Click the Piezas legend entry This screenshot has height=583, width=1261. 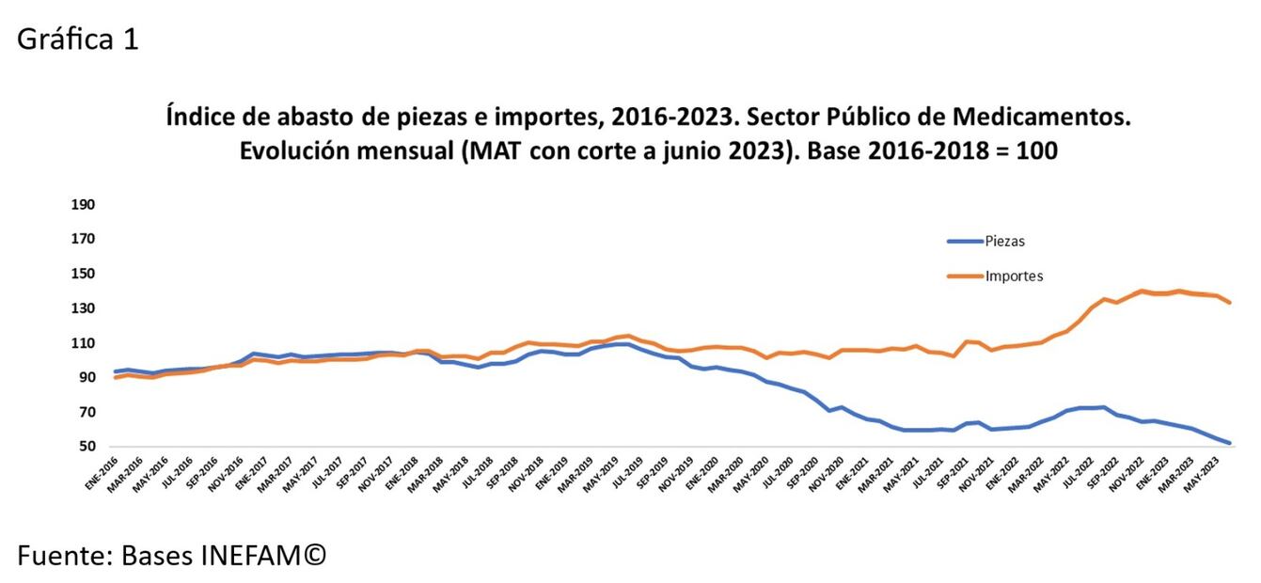[x=1004, y=241]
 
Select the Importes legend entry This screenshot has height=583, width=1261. [x=1014, y=276]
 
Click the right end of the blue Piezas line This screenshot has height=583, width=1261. [x=1230, y=443]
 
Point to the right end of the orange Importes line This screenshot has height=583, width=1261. [x=1230, y=303]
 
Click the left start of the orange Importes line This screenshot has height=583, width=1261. [x=116, y=377]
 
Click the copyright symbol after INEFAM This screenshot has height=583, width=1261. [x=315, y=555]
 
